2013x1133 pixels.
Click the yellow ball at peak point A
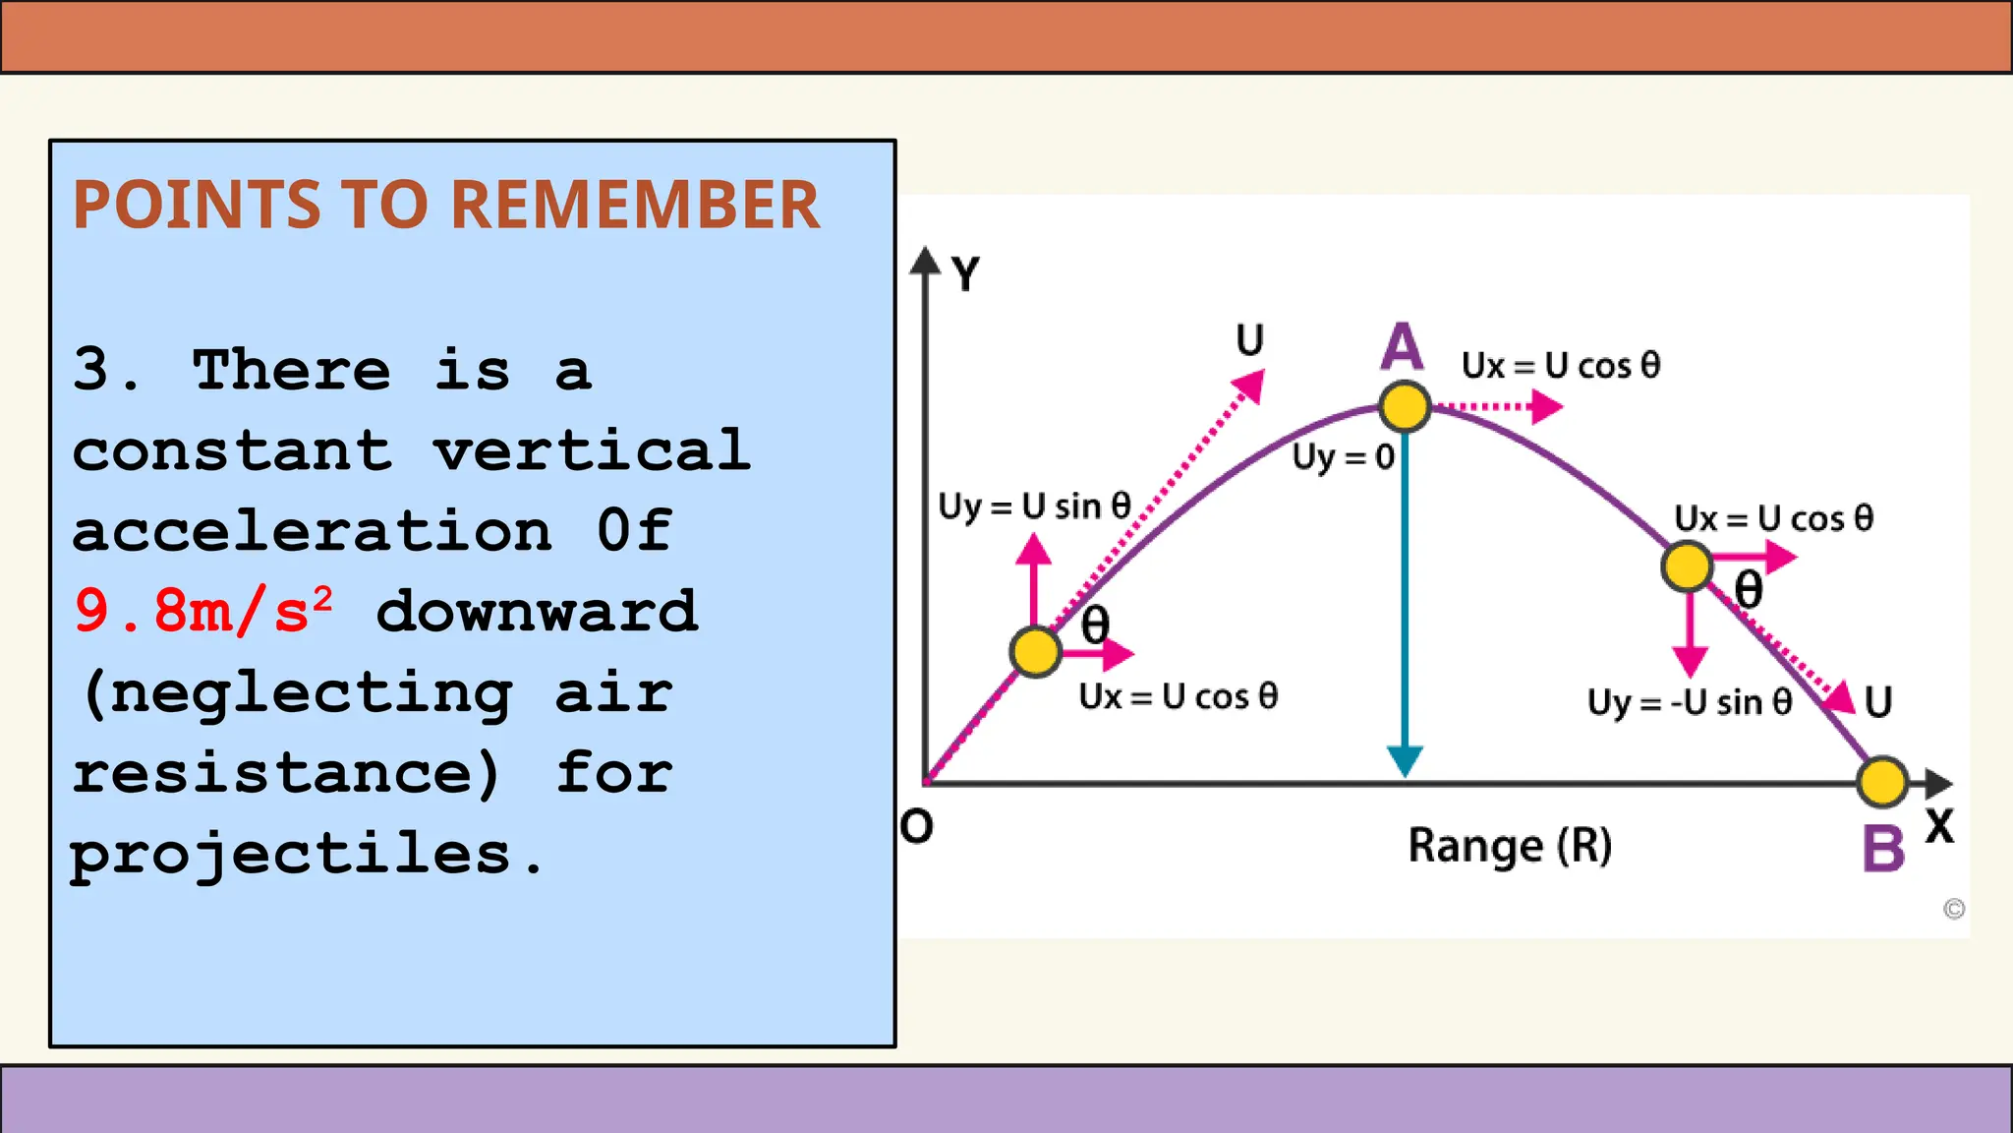[1405, 406]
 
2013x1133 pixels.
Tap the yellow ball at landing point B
[1882, 782]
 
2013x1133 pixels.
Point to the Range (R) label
[1510, 846]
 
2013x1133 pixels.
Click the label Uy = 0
[1343, 457]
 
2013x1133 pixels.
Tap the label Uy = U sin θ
[1034, 507]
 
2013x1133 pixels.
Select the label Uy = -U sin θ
[1690, 702]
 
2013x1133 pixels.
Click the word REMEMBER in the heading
[635, 206]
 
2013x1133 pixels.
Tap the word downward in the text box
[537, 612]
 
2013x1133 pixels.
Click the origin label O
[916, 826]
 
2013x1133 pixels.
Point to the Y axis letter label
[966, 274]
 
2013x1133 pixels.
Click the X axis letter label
[1939, 826]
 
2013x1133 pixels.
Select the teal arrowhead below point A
[1405, 760]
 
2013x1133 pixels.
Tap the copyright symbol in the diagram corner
[1954, 909]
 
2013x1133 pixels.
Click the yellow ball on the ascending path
[1035, 651]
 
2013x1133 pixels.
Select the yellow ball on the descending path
[1688, 566]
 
